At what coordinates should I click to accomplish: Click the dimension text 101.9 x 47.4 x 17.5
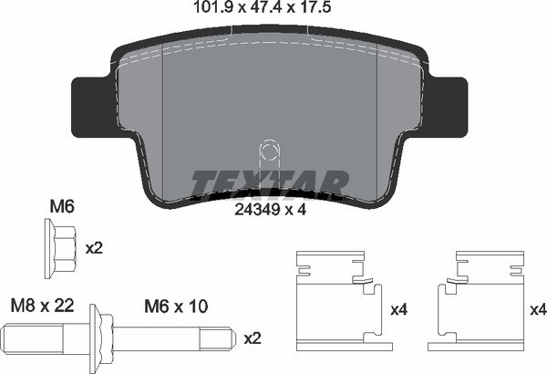(273, 12)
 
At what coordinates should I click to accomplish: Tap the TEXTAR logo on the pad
(270, 182)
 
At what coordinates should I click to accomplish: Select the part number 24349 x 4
(270, 209)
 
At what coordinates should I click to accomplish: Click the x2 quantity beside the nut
(93, 247)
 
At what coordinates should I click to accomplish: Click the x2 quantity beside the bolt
(253, 338)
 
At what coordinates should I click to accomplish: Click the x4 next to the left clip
(398, 311)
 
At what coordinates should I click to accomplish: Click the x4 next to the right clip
(537, 311)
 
